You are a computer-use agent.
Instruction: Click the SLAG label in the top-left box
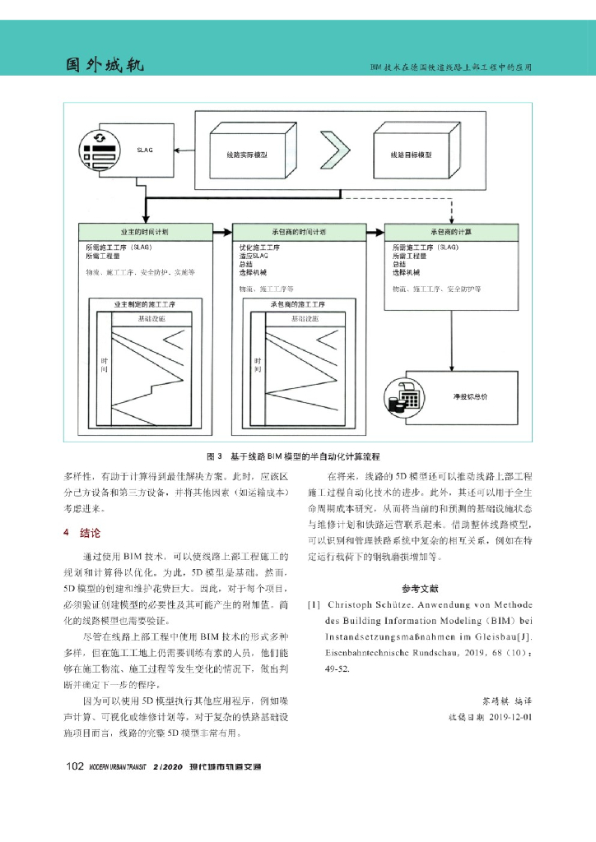[145, 150]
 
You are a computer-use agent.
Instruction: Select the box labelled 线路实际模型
[248, 153]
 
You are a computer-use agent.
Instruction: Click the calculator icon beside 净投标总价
[407, 396]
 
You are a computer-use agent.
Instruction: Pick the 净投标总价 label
[470, 396]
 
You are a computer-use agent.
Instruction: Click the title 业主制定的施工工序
[144, 304]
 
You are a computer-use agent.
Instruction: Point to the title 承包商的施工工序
[299, 304]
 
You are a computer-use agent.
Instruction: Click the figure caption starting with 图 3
[297, 455]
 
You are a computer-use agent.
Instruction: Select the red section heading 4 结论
[82, 533]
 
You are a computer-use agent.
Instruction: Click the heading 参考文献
[421, 589]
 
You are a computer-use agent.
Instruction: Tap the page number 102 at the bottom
[75, 767]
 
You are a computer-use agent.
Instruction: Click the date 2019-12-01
[502, 716]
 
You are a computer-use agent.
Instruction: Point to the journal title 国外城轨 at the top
[105, 65]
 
